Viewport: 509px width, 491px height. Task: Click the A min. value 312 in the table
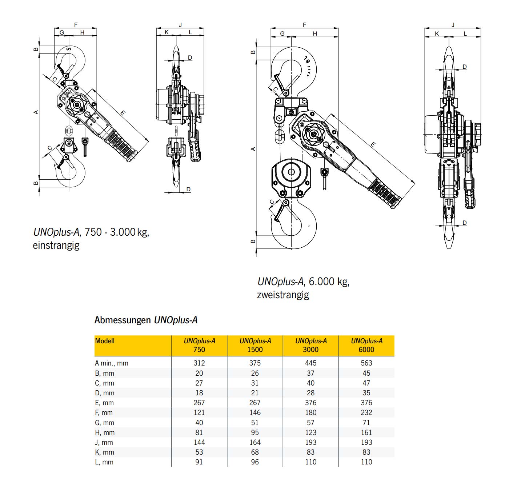pos(199,363)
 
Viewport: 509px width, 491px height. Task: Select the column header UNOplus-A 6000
pos(366,345)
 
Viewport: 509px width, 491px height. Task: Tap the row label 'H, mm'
pos(105,432)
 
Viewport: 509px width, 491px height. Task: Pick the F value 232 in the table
pos(366,412)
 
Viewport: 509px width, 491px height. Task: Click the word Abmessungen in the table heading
pos(123,320)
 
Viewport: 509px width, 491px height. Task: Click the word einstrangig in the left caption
pos(56,245)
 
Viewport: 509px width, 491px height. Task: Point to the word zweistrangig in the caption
pos(283,295)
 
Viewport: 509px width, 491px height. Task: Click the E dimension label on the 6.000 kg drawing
pos(373,145)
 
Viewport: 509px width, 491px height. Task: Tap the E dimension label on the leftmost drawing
pos(123,113)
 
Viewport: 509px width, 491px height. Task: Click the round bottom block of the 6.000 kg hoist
pos(291,173)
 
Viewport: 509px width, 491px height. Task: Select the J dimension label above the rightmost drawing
pos(453,25)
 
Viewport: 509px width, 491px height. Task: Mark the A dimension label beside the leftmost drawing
pos(36,112)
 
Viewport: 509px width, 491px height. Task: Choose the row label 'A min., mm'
pos(112,363)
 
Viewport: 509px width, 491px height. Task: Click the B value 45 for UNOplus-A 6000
pos(366,373)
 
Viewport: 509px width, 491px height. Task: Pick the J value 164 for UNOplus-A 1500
pos(255,442)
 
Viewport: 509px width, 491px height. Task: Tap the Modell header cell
pos(105,341)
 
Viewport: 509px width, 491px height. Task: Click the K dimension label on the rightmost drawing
pos(437,34)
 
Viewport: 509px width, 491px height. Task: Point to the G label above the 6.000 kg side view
pos(282,33)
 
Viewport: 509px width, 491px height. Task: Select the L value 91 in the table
pos(199,462)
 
